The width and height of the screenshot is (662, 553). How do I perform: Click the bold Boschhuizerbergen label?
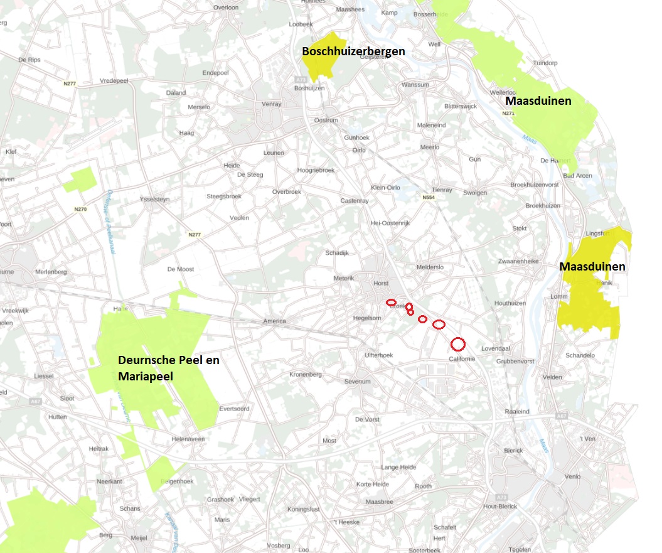[x=353, y=51]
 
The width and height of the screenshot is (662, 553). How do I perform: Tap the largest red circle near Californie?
[x=458, y=344]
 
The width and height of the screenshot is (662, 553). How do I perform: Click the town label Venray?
[x=271, y=104]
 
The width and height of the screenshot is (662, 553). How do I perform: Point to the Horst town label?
[x=381, y=283]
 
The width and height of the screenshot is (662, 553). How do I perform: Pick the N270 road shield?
[x=80, y=208]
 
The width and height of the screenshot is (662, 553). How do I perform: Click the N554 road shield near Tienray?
[x=429, y=197]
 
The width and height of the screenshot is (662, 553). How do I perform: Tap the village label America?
[x=274, y=321]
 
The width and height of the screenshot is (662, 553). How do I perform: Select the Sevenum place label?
[x=358, y=382]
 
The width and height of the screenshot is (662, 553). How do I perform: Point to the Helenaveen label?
[x=188, y=439]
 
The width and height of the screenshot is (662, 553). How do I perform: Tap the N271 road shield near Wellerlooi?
[x=508, y=113]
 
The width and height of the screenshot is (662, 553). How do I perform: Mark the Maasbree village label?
[x=379, y=502]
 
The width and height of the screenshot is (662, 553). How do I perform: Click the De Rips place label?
[x=29, y=60]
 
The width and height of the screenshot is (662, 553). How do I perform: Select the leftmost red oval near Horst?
[x=391, y=303]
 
